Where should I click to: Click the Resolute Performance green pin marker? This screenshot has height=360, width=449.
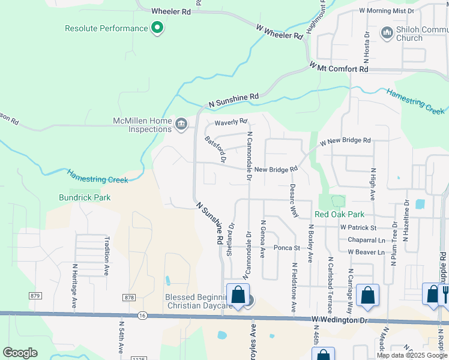coord(157,28)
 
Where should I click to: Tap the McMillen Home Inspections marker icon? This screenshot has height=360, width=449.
coord(181,124)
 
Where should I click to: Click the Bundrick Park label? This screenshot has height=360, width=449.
coord(85,197)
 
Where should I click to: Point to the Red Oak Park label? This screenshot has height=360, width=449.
coord(339,214)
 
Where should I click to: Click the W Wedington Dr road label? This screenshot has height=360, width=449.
coord(340,321)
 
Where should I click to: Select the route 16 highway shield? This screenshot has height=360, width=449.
coord(142,314)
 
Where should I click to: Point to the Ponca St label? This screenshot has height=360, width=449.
coord(286,247)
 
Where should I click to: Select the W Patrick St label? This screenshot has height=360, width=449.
coord(358,228)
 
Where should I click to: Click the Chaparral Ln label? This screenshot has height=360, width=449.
coord(366,240)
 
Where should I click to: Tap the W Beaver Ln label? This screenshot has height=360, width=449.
coord(366,252)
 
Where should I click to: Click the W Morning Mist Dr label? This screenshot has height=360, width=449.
coord(387,11)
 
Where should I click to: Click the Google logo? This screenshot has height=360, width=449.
coord(20,353)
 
